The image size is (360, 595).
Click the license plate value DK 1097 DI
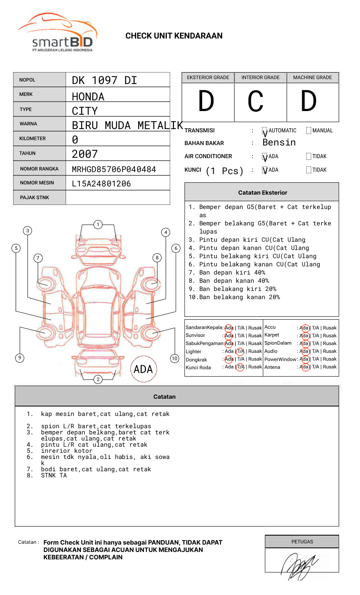click(x=104, y=80)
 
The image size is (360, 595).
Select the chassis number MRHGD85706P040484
click(x=114, y=169)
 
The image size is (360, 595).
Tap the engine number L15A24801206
click(x=101, y=184)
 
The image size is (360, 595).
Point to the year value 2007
click(x=84, y=154)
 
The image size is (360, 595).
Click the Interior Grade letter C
click(x=255, y=102)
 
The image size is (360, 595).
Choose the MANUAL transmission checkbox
click(x=309, y=130)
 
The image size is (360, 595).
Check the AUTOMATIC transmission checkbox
click(x=264, y=131)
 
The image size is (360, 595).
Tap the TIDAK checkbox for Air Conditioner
click(x=309, y=156)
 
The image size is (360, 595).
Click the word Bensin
click(x=279, y=143)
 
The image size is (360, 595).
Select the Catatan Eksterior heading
click(x=262, y=193)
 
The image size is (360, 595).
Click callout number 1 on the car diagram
click(x=98, y=224)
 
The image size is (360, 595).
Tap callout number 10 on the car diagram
click(x=175, y=358)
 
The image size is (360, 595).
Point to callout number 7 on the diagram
click(x=38, y=258)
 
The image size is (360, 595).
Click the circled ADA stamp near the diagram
click(x=143, y=369)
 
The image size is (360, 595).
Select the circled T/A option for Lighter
click(x=240, y=351)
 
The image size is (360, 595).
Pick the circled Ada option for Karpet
click(x=304, y=336)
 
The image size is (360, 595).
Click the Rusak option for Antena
click(x=330, y=367)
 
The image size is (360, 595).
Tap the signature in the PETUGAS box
click(x=299, y=565)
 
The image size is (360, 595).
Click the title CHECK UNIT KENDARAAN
click(x=174, y=36)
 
